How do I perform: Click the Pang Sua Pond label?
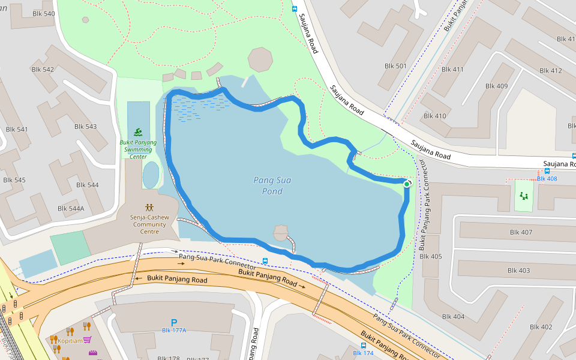(268, 185)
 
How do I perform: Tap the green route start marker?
(407, 184)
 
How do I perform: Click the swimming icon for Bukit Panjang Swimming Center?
(139, 132)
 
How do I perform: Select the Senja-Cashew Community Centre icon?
(149, 207)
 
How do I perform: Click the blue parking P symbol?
(174, 322)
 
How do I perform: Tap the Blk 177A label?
(174, 331)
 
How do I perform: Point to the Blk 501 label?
(395, 66)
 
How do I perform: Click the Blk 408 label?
(547, 179)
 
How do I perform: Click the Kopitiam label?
(69, 340)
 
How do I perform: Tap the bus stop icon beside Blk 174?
(364, 346)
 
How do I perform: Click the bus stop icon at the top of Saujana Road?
(294, 9)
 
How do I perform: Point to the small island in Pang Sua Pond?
(281, 232)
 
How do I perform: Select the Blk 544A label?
(71, 208)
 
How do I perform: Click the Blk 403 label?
(518, 271)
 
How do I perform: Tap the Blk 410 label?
(435, 116)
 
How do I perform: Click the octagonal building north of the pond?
(260, 59)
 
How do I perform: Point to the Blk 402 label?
(541, 327)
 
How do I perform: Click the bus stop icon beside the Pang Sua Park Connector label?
(265, 261)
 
